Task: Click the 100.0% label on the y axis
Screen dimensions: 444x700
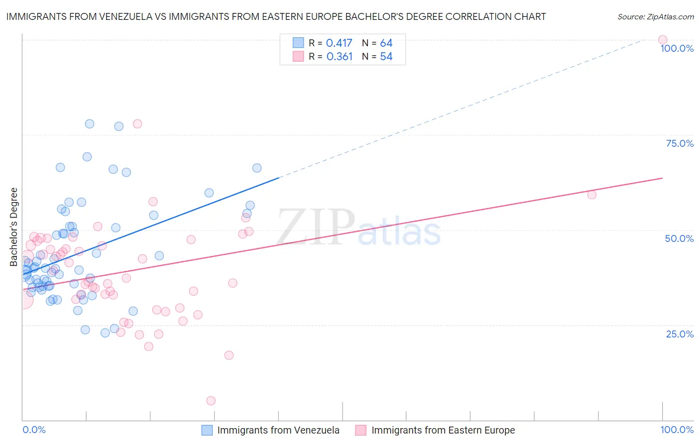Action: tap(677, 48)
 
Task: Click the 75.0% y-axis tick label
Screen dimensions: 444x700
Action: tap(680, 143)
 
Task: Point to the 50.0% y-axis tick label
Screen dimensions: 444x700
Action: tap(679, 238)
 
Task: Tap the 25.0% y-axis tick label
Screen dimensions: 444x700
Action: tap(680, 334)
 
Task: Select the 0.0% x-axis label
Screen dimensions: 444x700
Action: tap(34, 430)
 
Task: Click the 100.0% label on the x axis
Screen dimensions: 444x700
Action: tap(677, 430)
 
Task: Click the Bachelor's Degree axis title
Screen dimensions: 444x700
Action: tap(14, 227)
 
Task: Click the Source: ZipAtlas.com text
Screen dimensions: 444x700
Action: tap(655, 17)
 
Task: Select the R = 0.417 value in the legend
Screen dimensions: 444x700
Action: tap(331, 43)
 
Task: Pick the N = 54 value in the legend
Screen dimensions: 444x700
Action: tap(377, 57)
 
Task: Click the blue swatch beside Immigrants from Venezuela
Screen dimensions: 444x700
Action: tap(207, 430)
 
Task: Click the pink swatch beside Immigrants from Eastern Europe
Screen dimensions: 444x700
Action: tap(361, 430)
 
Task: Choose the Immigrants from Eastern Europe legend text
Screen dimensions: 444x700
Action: tap(443, 430)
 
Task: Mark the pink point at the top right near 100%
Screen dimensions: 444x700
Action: tap(662, 40)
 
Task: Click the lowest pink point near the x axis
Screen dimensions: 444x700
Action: tap(211, 401)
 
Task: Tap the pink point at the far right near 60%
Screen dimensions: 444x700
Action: tap(591, 195)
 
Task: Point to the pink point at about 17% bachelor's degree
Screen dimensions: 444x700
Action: tap(229, 355)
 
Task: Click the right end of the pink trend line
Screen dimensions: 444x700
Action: tap(662, 178)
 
